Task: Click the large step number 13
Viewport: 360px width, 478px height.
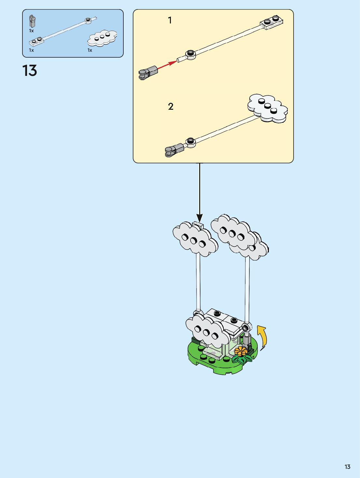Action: click(x=30, y=71)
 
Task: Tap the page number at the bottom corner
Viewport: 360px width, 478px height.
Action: click(x=347, y=467)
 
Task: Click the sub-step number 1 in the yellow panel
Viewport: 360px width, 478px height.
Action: click(x=170, y=20)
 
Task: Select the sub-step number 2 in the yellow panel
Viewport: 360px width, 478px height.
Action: click(x=171, y=106)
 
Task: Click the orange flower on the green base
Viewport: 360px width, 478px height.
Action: click(x=241, y=351)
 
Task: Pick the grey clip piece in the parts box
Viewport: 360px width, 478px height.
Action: click(x=32, y=21)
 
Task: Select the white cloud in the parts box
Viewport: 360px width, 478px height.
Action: click(x=102, y=38)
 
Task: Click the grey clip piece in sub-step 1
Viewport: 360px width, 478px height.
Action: click(x=148, y=72)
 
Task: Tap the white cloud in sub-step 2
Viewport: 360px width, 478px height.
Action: click(x=268, y=108)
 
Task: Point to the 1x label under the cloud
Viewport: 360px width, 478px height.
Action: click(x=90, y=50)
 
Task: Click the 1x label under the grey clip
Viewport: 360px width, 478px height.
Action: click(x=31, y=31)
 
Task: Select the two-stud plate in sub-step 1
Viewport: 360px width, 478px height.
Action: click(x=271, y=22)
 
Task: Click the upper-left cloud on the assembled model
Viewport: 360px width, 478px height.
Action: click(x=195, y=239)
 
